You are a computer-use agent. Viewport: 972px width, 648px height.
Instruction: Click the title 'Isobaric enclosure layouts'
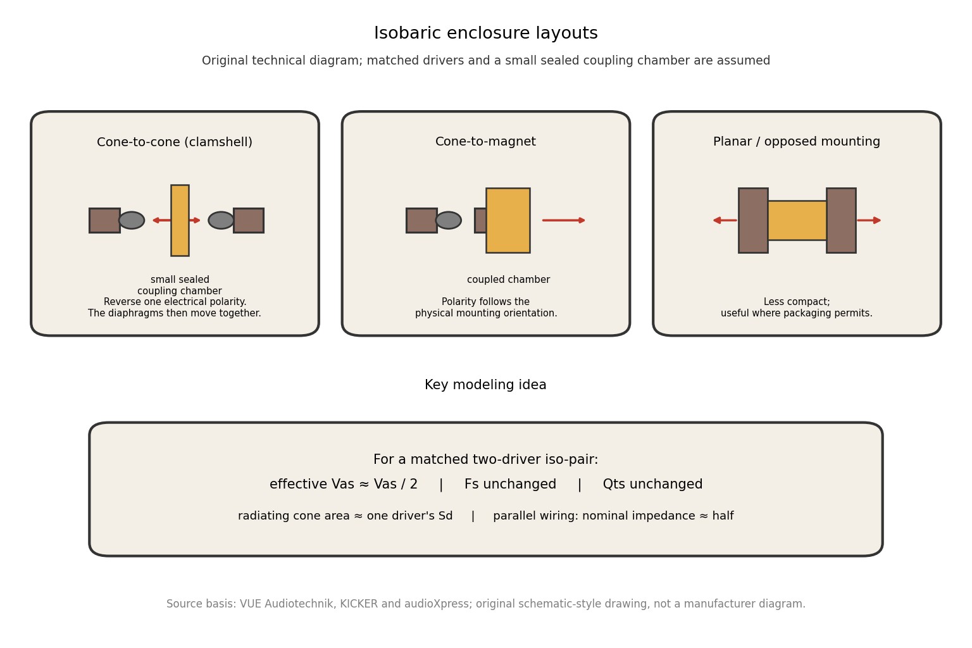point(485,33)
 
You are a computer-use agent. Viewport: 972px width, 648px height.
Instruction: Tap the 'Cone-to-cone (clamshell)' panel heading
point(175,142)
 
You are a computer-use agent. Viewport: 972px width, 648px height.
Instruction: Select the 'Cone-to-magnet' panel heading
point(485,142)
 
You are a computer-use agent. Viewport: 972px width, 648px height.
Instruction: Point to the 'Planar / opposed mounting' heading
point(797,142)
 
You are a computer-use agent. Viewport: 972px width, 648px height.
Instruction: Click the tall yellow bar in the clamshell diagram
point(180,220)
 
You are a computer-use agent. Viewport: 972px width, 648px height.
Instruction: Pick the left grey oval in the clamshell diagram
point(132,220)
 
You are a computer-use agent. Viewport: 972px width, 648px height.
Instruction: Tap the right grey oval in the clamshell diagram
point(221,220)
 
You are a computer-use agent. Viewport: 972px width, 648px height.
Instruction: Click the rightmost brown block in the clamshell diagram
point(249,220)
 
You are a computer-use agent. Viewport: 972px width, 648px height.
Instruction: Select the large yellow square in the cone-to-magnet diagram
point(508,220)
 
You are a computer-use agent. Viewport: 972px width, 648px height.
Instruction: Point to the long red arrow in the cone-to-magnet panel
point(564,220)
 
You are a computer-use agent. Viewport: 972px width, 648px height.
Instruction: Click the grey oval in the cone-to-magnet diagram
point(448,220)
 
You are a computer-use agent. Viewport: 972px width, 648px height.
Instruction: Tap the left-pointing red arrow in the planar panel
point(725,220)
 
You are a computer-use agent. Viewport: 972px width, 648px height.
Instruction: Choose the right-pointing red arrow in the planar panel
point(869,220)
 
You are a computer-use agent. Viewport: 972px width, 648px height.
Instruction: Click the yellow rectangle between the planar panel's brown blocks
point(797,220)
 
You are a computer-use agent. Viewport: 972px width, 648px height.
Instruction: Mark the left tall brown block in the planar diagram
point(753,220)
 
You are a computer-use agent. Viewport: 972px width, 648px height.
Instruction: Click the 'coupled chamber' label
point(508,280)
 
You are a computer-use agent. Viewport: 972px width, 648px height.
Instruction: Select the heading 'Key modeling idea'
point(485,385)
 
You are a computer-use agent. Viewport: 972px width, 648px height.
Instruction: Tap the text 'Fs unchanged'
point(510,484)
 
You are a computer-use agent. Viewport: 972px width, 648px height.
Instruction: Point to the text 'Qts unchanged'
point(652,484)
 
